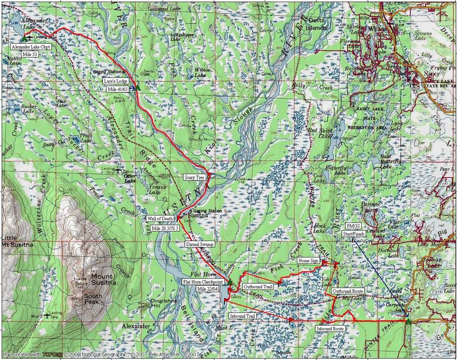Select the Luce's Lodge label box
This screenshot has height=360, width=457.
pos(115,81)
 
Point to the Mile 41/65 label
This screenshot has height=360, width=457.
pos(118,89)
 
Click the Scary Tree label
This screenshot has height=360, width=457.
pos(194,177)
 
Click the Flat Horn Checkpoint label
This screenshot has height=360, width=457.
pos(204,281)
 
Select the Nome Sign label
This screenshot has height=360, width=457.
pos(308,261)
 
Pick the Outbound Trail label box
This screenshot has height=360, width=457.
pos(258,287)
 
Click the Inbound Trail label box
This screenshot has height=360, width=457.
pos(242,316)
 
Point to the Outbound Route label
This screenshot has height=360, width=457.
pos(348,291)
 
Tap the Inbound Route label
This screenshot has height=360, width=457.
pos(330,329)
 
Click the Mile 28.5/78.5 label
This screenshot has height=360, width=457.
pos(166,228)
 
